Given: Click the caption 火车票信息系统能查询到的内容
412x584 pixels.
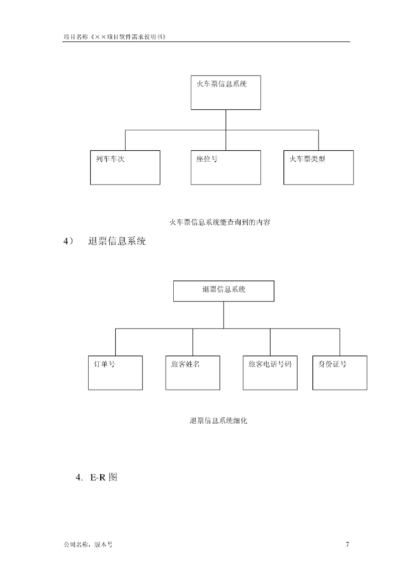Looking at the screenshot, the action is (x=220, y=223).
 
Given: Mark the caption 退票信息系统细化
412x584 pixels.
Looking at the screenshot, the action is (x=218, y=420).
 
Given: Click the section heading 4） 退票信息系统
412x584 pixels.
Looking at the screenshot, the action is (x=104, y=241).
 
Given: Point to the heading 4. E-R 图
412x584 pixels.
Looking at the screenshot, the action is (x=96, y=477).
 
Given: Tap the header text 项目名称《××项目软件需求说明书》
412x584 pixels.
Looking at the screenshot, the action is (x=114, y=37).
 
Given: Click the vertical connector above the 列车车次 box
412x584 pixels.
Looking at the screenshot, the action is (x=125, y=140).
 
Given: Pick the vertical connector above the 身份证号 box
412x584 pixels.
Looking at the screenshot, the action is (x=340, y=342).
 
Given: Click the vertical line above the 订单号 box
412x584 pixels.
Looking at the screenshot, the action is (x=115, y=342).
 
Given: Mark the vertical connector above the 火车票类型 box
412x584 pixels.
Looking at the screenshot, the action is (x=318, y=140).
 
